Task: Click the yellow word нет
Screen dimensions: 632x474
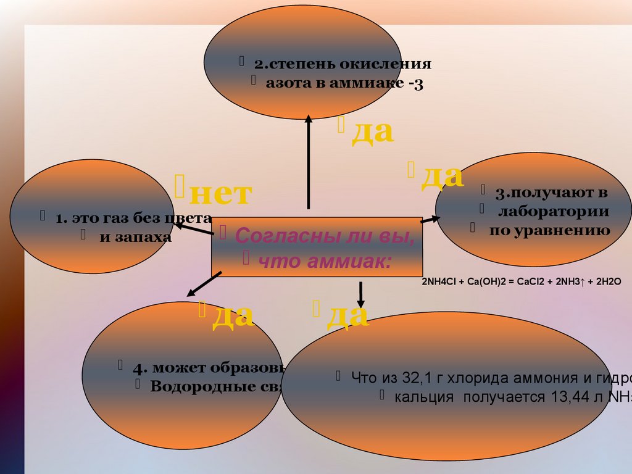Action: click(220, 194)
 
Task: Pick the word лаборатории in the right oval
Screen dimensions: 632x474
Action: click(554, 212)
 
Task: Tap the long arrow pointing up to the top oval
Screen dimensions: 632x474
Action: click(309, 164)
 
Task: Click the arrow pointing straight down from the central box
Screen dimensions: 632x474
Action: click(361, 293)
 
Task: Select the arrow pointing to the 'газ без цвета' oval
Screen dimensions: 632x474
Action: click(192, 230)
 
